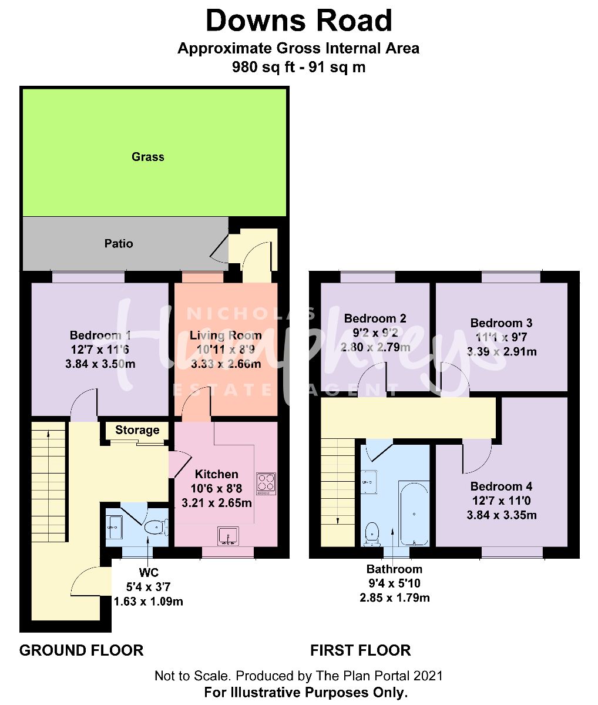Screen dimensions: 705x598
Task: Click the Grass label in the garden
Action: click(x=147, y=157)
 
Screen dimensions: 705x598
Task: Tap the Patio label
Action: click(x=119, y=243)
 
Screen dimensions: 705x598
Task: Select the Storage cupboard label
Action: click(x=137, y=430)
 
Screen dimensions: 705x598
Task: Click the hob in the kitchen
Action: click(x=266, y=483)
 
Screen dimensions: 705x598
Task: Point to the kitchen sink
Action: click(x=227, y=536)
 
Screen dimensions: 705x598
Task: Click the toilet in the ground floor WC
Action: click(x=154, y=528)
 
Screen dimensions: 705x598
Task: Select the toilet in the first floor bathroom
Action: click(x=372, y=533)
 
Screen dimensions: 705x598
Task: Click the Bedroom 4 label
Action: click(x=501, y=486)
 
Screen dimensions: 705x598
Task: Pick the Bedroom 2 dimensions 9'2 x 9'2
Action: click(x=375, y=333)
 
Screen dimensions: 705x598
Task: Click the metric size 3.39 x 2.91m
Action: click(x=501, y=352)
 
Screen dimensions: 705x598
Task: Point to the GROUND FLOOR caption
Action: click(x=81, y=650)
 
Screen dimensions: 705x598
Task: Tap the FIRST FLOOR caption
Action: click(x=360, y=650)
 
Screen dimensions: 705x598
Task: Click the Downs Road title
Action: click(x=298, y=22)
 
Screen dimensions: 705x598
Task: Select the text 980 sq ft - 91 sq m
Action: click(x=298, y=67)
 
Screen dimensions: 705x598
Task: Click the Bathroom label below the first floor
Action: click(x=394, y=569)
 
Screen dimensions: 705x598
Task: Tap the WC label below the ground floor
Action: click(x=149, y=573)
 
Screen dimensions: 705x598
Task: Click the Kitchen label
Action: click(x=217, y=474)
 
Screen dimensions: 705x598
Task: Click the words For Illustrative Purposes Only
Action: click(x=305, y=693)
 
